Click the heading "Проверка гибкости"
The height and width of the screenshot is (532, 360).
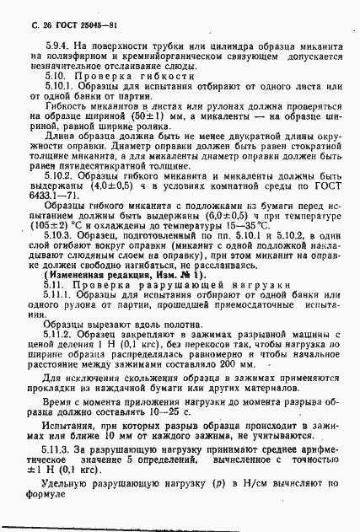pos(113,78)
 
